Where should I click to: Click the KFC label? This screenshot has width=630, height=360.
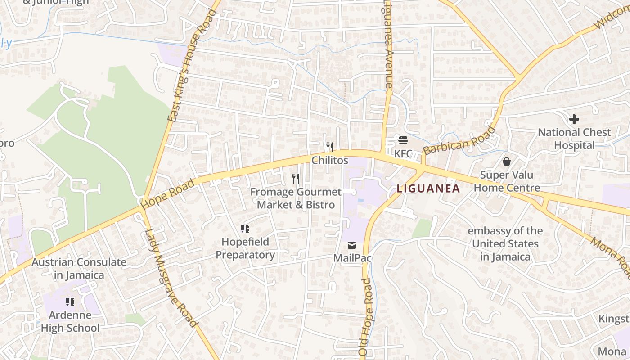click(403, 154)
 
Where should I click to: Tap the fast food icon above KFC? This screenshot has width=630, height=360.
click(403, 140)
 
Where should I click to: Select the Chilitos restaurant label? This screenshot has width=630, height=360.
click(330, 161)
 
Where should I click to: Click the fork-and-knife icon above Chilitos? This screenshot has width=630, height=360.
click(330, 147)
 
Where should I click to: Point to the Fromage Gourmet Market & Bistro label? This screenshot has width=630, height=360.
click(296, 198)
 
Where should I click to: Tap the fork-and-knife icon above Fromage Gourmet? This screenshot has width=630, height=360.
click(296, 179)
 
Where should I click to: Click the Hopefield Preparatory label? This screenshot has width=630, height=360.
click(245, 248)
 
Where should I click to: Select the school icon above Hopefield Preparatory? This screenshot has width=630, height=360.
click(245, 229)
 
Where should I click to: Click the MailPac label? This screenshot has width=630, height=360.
click(352, 258)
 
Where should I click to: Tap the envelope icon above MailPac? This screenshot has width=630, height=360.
click(352, 245)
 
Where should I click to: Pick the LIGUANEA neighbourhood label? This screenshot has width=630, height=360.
click(428, 189)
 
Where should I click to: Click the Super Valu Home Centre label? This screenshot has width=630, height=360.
click(507, 181)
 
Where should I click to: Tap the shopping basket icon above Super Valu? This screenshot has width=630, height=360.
click(507, 161)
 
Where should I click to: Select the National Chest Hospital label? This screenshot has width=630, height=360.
click(574, 139)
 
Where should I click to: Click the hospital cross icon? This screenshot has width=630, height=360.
click(574, 119)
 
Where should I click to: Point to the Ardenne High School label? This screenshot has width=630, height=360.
click(70, 321)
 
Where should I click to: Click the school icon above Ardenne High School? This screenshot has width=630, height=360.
click(70, 301)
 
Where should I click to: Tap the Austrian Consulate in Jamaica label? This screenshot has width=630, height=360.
click(79, 268)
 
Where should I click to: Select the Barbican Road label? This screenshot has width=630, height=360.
click(459, 141)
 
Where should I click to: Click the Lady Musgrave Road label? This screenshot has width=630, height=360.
click(171, 278)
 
